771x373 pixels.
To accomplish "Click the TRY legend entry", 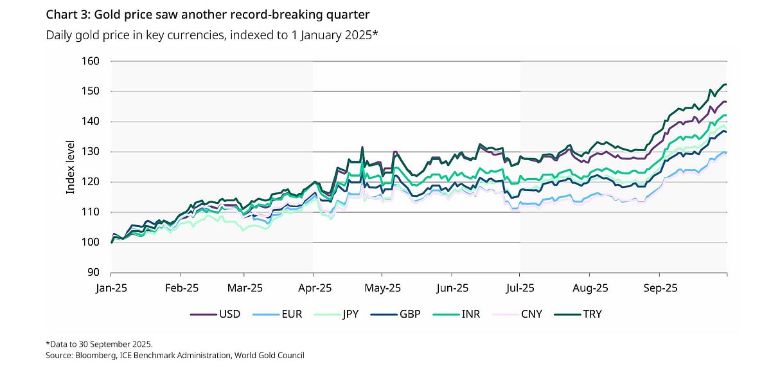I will pos(592,314).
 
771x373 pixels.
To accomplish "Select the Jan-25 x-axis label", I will pos(111,288).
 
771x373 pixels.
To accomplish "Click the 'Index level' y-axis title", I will pos(71,167).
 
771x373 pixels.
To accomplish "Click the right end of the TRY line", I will pos(726,84).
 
